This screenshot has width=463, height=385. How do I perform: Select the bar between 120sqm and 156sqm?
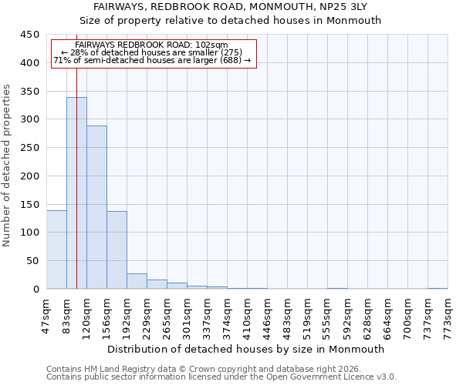coord(96,207)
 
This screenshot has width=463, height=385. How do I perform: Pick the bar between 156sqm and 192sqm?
coord(117,250)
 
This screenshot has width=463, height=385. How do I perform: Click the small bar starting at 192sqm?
coord(137,281)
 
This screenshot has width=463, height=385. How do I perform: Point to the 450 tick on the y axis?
coord(31,35)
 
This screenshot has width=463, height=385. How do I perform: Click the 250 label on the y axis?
coord(31,148)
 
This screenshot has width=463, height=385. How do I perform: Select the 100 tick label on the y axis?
coord(31,233)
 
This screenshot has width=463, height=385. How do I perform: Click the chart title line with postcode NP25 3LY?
coord(231,6)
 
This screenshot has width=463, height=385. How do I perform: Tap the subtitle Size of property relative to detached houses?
coord(231,21)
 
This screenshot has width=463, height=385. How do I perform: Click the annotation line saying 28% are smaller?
coord(151,52)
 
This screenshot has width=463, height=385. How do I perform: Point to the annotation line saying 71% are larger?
coord(152,60)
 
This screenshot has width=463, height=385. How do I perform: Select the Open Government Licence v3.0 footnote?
coord(221,377)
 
